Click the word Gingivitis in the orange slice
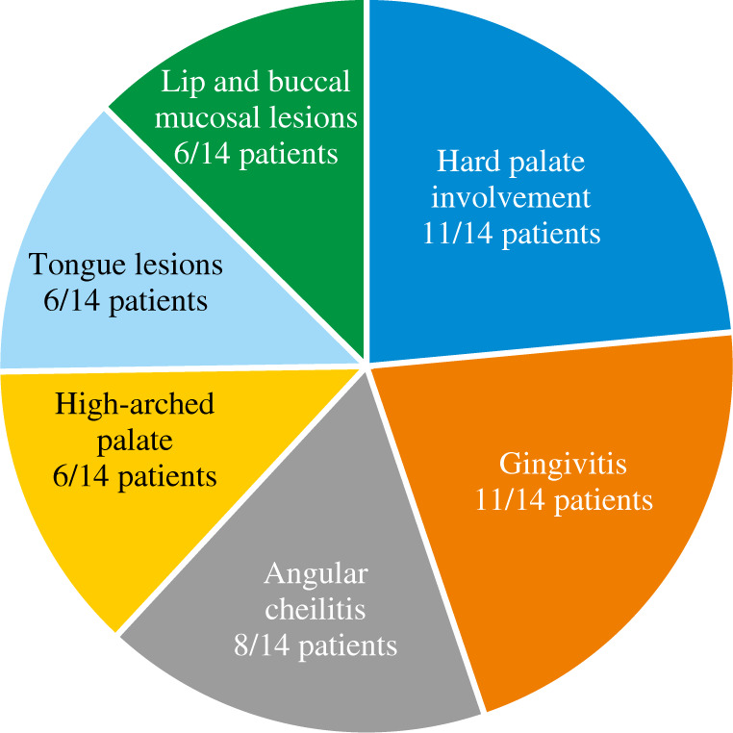(563, 466)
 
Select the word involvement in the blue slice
(510, 198)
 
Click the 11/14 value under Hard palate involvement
(456, 234)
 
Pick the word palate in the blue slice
(548, 162)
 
